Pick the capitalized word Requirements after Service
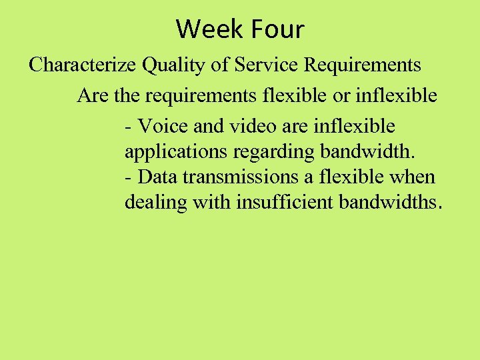(x=363, y=65)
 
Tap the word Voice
(x=160, y=126)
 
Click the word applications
(x=176, y=152)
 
